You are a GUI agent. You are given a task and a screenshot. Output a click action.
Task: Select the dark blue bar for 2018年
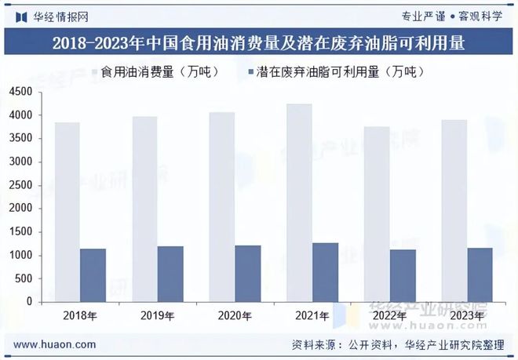click(x=93, y=275)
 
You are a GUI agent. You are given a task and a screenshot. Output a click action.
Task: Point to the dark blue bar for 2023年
click(x=480, y=275)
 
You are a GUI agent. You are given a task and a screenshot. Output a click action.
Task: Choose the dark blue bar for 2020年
click(x=247, y=274)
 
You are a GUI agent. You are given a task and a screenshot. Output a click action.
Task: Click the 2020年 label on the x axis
click(x=235, y=316)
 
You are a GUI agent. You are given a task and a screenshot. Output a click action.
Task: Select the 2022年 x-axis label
click(x=388, y=316)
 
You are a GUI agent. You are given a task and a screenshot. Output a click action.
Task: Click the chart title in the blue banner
click(x=258, y=44)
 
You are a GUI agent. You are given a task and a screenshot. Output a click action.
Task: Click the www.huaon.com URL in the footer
click(x=55, y=344)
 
